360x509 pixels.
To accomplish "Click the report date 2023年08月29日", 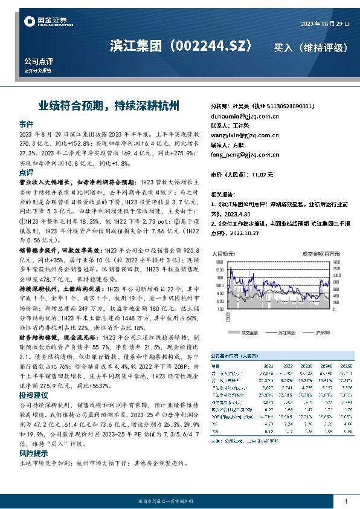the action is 324,24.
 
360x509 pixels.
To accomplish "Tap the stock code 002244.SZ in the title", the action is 213,45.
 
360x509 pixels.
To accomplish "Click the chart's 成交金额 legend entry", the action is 249,332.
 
